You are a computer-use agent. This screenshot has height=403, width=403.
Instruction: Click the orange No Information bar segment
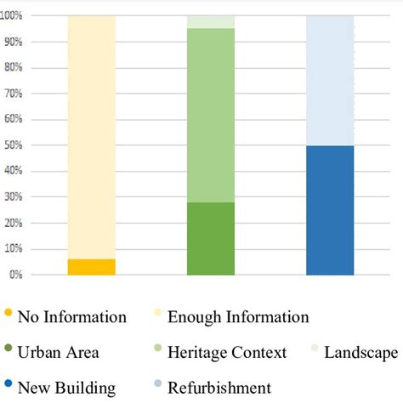(x=91, y=267)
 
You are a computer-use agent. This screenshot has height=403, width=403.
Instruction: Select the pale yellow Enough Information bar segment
(x=91, y=136)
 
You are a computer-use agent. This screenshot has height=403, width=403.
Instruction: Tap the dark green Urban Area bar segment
(x=211, y=238)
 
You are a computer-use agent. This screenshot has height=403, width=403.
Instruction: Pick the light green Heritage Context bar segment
(x=211, y=115)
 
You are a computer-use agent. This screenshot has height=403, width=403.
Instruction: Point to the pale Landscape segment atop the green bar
(x=211, y=22)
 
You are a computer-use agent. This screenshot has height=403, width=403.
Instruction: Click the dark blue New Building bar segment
(x=330, y=210)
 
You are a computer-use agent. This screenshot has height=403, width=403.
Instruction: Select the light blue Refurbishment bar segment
(x=330, y=81)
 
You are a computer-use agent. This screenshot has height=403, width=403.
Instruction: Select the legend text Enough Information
(x=238, y=318)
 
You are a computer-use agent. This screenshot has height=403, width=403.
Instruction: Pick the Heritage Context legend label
(x=226, y=353)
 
